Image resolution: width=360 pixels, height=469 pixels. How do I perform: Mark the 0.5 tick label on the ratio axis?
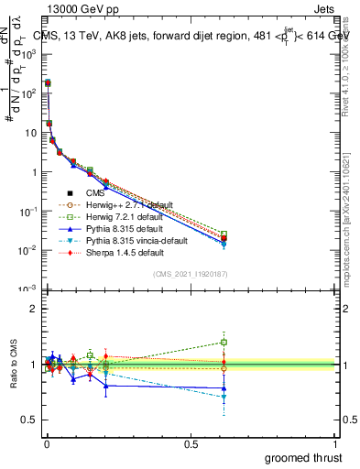tap(27, 420)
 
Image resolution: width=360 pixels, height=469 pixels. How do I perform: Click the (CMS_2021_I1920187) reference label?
tap(191, 275)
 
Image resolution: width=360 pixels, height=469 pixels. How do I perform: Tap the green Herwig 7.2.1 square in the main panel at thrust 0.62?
tap(224, 234)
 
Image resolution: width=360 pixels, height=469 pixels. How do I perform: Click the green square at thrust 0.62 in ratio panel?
tap(224, 343)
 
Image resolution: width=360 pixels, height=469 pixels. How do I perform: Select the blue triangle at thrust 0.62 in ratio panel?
tap(224, 388)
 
